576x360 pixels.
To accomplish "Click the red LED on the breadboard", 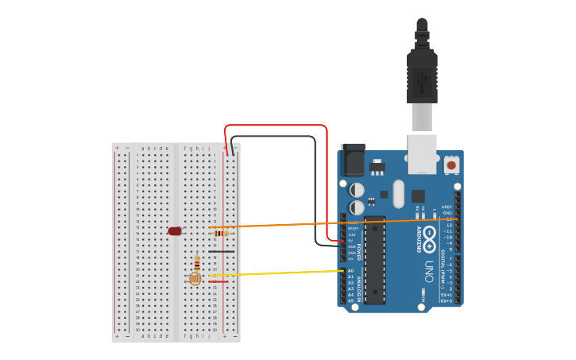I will pyautogui.click(x=175, y=231).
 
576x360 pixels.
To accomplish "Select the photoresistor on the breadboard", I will pyautogui.click(x=195, y=278).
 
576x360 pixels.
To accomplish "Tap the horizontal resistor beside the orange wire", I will pyautogui.click(x=222, y=233).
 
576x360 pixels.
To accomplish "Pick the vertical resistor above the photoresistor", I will pyautogui.click(x=197, y=263).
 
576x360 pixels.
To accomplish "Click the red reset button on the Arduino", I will pyautogui.click(x=451, y=165).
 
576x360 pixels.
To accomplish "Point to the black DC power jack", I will pyautogui.click(x=352, y=161).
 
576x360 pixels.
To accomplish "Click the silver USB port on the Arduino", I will pyautogui.click(x=422, y=153).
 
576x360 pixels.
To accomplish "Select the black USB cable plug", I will pyautogui.click(x=422, y=75).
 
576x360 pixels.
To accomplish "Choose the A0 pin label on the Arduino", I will pyautogui.click(x=350, y=271).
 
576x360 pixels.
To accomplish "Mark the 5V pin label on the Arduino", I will pyautogui.click(x=351, y=241).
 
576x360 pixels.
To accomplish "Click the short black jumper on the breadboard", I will pyautogui.click(x=222, y=252).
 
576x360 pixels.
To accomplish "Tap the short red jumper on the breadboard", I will pyautogui.click(x=219, y=282).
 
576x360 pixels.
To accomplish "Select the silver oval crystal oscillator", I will pyautogui.click(x=399, y=194).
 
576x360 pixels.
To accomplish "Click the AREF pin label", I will pyautogui.click(x=446, y=207).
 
